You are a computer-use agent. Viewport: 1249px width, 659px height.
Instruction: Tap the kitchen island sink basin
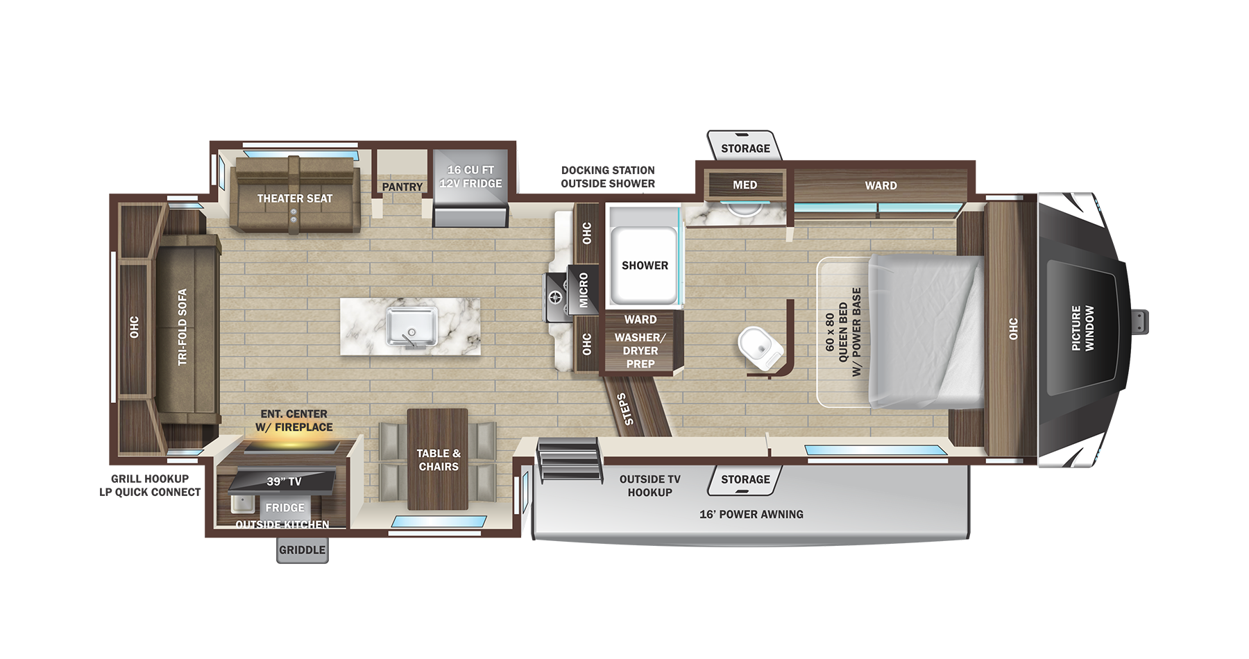point(411,326)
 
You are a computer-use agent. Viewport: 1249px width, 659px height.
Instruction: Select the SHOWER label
point(645,266)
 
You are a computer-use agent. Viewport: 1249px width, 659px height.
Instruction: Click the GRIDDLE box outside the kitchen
point(302,550)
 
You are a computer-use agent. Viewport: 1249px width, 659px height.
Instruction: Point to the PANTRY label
point(402,187)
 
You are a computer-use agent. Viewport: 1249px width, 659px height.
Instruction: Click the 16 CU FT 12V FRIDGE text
point(470,176)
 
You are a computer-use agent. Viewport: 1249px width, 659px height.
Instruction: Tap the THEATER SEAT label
point(295,198)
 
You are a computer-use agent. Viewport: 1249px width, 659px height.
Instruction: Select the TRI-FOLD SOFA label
point(182,327)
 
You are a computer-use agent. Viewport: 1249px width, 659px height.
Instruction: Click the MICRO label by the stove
point(584,290)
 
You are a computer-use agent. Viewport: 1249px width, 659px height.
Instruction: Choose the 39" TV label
point(284,481)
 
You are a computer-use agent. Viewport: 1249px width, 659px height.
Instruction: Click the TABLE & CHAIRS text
point(439,460)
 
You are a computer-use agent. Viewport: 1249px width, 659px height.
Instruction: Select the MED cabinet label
point(745,185)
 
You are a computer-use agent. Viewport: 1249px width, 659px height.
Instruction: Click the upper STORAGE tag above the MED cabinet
point(745,148)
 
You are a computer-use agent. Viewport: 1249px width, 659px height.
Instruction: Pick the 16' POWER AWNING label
point(751,514)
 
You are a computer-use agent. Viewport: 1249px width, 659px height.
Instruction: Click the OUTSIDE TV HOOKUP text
point(649,486)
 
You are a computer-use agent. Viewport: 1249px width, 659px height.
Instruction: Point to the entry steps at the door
point(568,459)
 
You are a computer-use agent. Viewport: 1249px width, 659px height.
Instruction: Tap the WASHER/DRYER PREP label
point(640,350)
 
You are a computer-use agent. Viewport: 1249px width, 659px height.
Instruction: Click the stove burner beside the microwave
point(556,298)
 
